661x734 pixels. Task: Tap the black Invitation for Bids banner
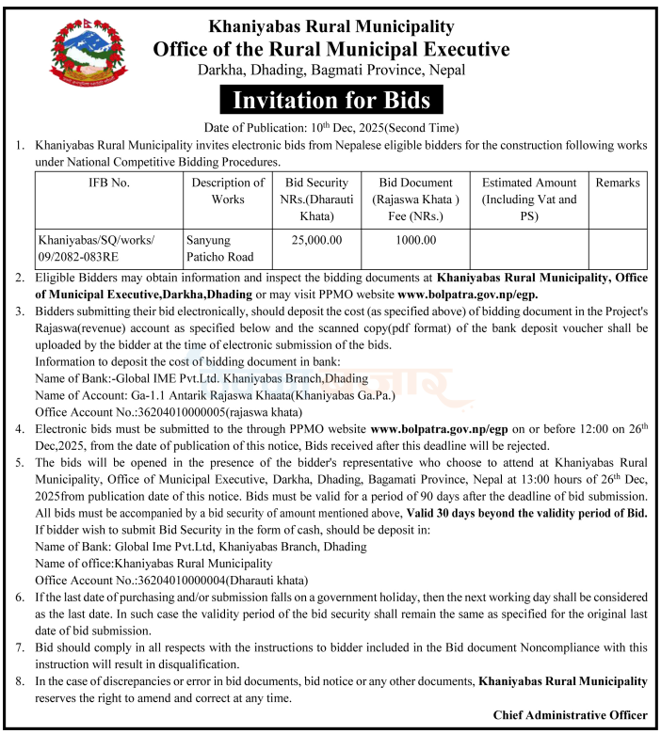330,100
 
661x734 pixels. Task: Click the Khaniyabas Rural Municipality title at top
330,27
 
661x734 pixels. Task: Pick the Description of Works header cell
227,190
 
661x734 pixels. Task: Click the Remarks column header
617,183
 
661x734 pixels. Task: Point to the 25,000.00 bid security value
316,240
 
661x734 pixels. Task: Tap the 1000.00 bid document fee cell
415,240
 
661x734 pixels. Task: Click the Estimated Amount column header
529,199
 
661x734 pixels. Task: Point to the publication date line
330,128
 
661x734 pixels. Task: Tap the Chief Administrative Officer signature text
570,715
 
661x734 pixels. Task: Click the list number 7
20,648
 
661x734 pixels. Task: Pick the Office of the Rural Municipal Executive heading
330,49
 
